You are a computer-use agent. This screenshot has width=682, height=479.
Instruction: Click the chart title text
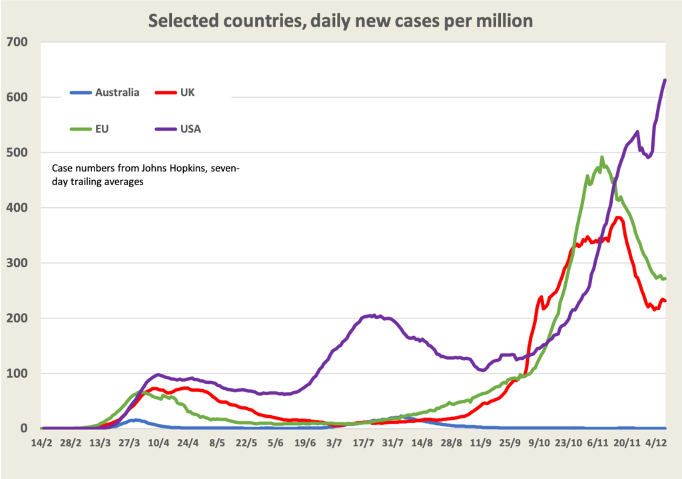(x=340, y=21)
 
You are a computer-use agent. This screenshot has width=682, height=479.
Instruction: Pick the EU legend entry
(x=103, y=129)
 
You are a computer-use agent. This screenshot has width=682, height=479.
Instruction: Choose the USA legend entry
(x=190, y=129)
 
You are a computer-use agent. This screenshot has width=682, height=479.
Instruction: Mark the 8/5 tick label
(x=218, y=442)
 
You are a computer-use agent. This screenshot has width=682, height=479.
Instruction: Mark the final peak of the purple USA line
(x=665, y=81)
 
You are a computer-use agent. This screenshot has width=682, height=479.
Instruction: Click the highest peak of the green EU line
(x=602, y=158)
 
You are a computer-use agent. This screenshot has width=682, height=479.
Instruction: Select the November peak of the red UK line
(x=619, y=217)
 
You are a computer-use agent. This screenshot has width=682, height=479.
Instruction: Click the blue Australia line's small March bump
(x=136, y=420)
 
